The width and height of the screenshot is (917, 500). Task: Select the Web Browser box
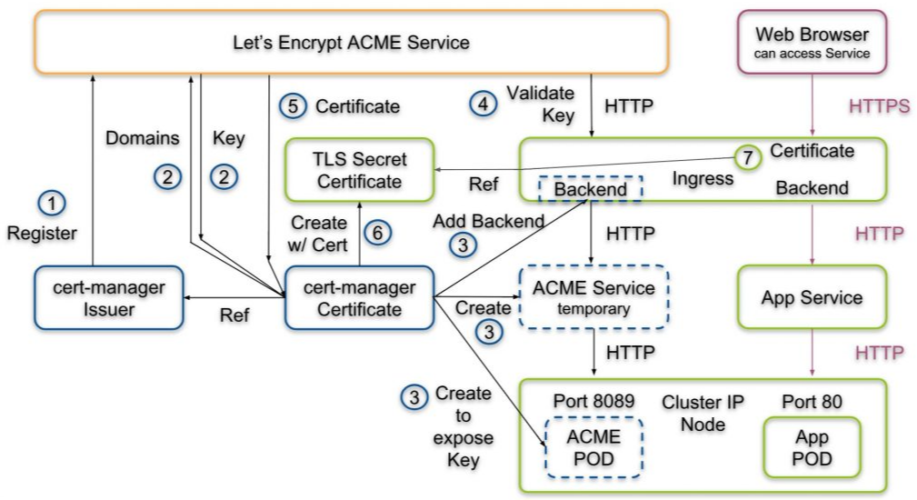pyautogui.click(x=812, y=43)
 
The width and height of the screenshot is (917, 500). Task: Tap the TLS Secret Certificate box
pyautogui.click(x=359, y=170)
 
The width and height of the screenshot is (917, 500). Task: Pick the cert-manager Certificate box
pyautogui.click(x=359, y=298)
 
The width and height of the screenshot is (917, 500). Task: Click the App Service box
pyautogui.click(x=812, y=297)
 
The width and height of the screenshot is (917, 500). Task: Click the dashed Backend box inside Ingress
pyautogui.click(x=590, y=189)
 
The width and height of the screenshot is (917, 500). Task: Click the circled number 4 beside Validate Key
pyautogui.click(x=483, y=105)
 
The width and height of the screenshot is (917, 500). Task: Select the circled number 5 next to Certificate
pyautogui.click(x=291, y=106)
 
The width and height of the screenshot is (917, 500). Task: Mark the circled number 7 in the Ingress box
pyautogui.click(x=747, y=157)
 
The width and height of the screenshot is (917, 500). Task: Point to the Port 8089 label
pyautogui.click(x=593, y=402)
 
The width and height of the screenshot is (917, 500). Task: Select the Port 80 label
pyautogui.click(x=812, y=402)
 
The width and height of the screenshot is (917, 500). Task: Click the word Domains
pyautogui.click(x=143, y=138)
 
